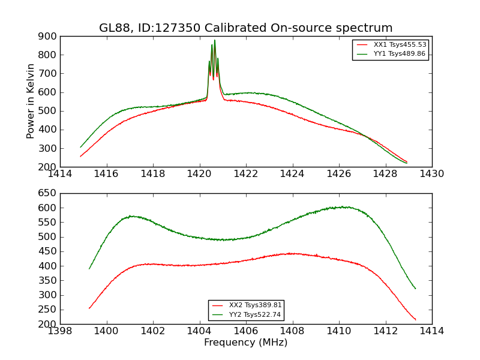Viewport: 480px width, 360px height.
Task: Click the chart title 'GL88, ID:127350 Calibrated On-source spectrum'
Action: [x=246, y=28]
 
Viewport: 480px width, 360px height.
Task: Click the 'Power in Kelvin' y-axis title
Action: [x=31, y=101]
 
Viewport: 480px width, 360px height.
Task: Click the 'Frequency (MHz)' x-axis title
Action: [x=246, y=343]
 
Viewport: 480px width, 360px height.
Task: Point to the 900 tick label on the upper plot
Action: [x=47, y=36]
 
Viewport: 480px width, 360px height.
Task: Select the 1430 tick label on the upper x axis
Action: [x=432, y=174]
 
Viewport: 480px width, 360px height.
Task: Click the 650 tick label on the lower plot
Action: [x=47, y=193]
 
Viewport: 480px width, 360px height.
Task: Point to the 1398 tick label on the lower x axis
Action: [x=60, y=331]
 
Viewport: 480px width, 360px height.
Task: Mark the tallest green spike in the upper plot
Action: [x=215, y=41]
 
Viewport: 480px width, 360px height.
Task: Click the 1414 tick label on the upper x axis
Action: [x=60, y=174]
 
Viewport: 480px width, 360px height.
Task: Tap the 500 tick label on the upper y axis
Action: [x=47, y=111]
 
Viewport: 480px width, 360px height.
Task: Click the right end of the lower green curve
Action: [x=415, y=289]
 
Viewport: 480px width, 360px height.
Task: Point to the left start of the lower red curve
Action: [x=89, y=308]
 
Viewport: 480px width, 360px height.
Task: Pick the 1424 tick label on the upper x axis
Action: [x=293, y=174]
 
